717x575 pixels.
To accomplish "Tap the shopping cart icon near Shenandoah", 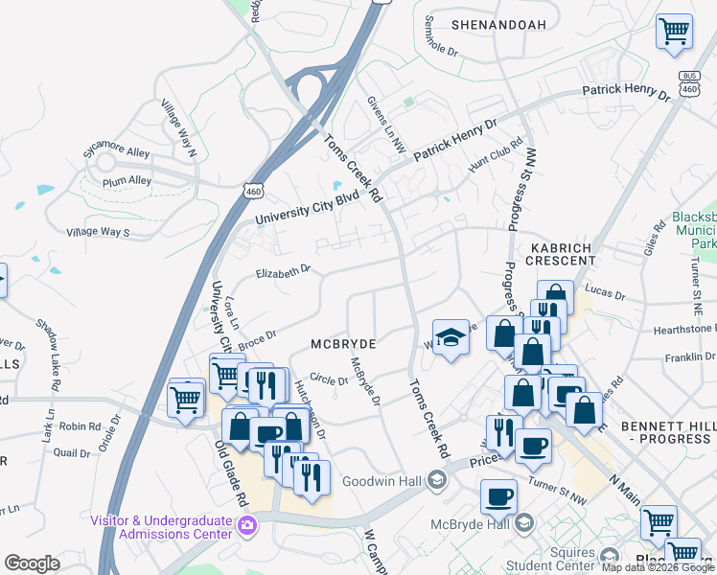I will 674,31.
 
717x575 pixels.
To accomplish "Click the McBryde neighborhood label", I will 342,343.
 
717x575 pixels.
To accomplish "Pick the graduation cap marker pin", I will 451,337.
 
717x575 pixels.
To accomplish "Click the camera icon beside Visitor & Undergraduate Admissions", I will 247,524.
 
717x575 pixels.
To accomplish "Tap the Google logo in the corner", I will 32,563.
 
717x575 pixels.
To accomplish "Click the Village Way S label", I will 97,232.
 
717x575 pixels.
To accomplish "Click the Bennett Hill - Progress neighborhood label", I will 667,431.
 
